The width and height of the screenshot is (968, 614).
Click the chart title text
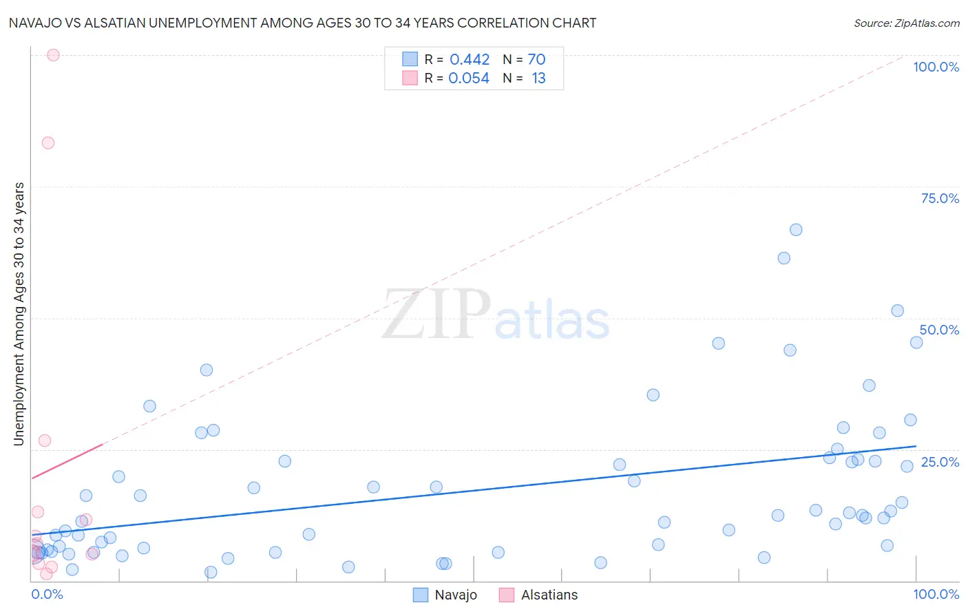click(302, 23)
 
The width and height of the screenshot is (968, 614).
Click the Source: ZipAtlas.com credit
click(906, 23)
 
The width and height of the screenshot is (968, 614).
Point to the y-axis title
click(19, 313)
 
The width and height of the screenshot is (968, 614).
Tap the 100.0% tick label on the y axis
click(936, 67)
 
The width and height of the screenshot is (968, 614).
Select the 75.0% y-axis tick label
click(940, 198)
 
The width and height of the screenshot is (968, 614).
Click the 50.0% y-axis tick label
click(939, 330)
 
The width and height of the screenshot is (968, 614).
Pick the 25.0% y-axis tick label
click(940, 461)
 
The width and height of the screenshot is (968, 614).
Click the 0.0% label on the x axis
click(47, 594)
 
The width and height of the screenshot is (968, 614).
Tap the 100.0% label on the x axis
click(936, 594)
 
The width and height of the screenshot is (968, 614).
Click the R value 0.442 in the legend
click(470, 60)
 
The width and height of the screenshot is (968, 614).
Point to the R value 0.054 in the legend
click(469, 78)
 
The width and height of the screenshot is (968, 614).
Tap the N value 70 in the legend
click(536, 60)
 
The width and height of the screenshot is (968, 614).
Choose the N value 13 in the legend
click(538, 78)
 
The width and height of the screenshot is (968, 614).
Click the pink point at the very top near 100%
click(53, 55)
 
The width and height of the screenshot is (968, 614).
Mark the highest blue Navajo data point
click(796, 230)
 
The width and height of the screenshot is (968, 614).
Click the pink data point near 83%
click(48, 143)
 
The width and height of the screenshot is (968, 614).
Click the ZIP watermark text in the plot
click(436, 315)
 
